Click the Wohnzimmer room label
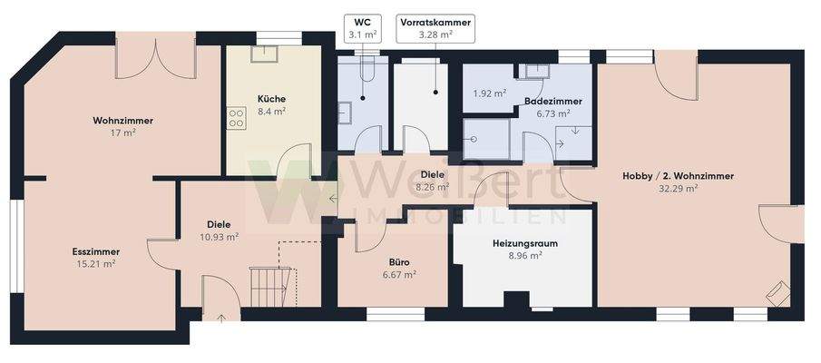click(x=122, y=121)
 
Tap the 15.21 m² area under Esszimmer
click(x=96, y=264)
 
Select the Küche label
click(x=271, y=99)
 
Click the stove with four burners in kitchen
click(x=237, y=117)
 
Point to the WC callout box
click(x=362, y=26)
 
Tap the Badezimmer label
click(x=552, y=102)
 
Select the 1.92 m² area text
click(x=490, y=93)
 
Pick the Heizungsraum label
click(x=524, y=243)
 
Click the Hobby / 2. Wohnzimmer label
click(x=678, y=176)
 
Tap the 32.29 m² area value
click(x=678, y=189)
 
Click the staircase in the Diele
click(x=269, y=285)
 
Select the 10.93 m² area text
click(x=218, y=236)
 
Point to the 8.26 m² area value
click(x=432, y=187)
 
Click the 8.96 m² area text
click(x=524, y=256)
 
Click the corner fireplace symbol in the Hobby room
click(x=776, y=293)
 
